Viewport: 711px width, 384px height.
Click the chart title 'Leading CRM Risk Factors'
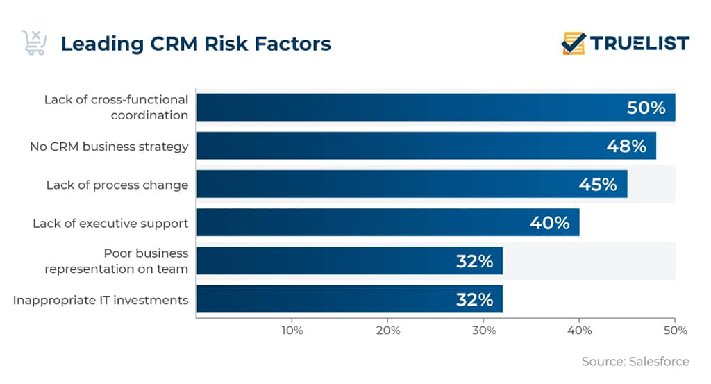(x=195, y=44)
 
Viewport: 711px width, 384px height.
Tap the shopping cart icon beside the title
(x=33, y=42)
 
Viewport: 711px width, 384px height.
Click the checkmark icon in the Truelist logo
(x=574, y=43)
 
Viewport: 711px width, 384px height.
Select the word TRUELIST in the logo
(x=639, y=43)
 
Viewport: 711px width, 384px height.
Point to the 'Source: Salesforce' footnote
(x=635, y=361)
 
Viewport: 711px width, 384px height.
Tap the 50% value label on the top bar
(x=646, y=108)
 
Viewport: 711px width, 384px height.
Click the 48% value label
(x=626, y=146)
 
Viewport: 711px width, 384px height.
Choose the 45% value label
(x=597, y=184)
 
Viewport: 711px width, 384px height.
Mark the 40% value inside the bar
(x=549, y=222)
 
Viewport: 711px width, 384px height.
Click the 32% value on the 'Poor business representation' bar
(x=474, y=261)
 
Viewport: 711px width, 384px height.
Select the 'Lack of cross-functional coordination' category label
(x=116, y=108)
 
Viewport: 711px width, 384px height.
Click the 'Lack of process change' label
(x=117, y=185)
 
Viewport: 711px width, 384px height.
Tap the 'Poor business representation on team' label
(x=117, y=261)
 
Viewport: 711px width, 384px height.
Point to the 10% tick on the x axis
(x=292, y=331)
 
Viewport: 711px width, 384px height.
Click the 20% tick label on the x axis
(x=387, y=331)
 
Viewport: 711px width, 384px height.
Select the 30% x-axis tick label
(x=483, y=331)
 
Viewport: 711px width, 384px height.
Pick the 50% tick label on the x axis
(x=674, y=331)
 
